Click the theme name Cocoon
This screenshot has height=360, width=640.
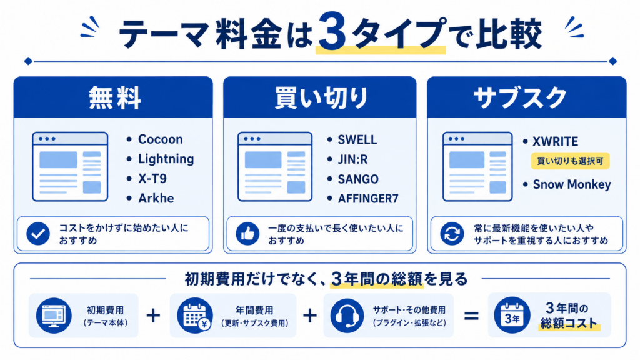click(x=161, y=139)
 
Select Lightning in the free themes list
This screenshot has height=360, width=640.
click(x=166, y=159)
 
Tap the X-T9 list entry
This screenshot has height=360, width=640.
click(x=152, y=179)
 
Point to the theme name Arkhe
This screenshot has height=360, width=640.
click(x=156, y=198)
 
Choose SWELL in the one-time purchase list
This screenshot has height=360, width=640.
click(x=357, y=139)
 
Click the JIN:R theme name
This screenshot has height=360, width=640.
click(x=352, y=159)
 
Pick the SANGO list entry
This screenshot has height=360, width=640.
click(x=358, y=179)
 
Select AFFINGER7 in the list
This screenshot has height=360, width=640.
click(x=367, y=198)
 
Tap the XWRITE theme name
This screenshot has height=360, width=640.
click(x=555, y=142)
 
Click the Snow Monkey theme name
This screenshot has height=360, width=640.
click(x=572, y=184)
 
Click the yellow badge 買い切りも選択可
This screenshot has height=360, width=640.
click(x=570, y=161)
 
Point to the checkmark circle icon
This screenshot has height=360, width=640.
click(x=38, y=234)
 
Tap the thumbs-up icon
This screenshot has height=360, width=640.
click(x=247, y=234)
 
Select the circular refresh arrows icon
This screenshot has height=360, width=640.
click(x=452, y=234)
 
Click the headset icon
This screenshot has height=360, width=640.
click(x=347, y=316)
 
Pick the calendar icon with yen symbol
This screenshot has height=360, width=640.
click(x=195, y=316)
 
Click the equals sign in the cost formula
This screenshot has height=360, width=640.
click(x=471, y=316)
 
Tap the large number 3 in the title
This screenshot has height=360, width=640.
click(x=332, y=31)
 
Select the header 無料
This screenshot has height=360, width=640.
click(x=115, y=98)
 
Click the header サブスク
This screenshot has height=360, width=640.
click(x=521, y=98)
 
